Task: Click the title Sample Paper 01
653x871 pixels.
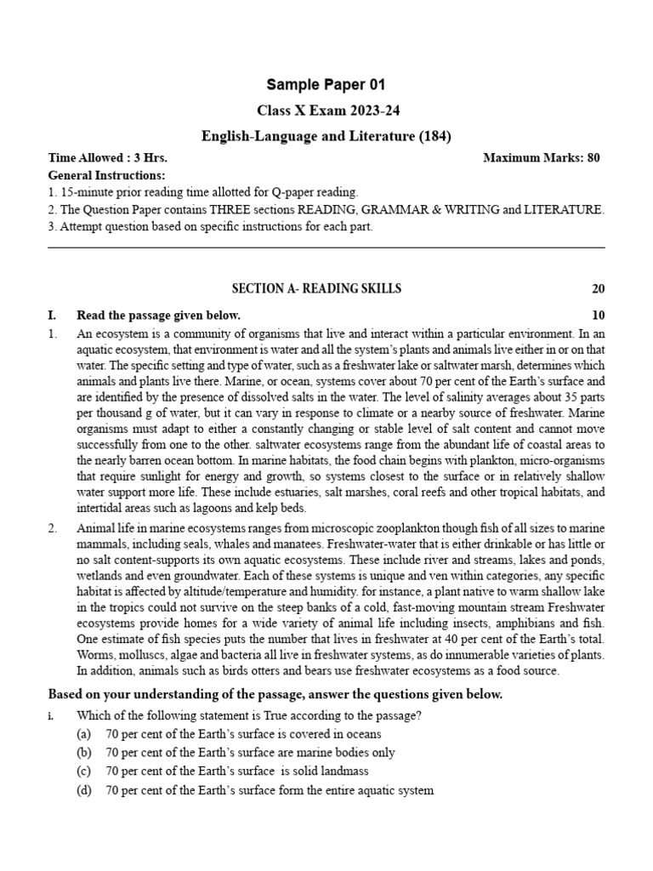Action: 326,84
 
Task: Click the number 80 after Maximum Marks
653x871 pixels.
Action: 593,158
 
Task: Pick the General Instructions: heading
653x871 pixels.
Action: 106,175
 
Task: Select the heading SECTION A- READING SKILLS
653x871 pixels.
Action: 317,289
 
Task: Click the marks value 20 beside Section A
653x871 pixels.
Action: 598,289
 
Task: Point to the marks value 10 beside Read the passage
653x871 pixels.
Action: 598,316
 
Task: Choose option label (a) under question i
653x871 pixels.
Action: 84,734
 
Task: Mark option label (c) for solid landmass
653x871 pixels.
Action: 84,771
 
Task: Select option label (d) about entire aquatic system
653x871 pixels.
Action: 84,790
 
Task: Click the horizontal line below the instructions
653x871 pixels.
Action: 326,248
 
